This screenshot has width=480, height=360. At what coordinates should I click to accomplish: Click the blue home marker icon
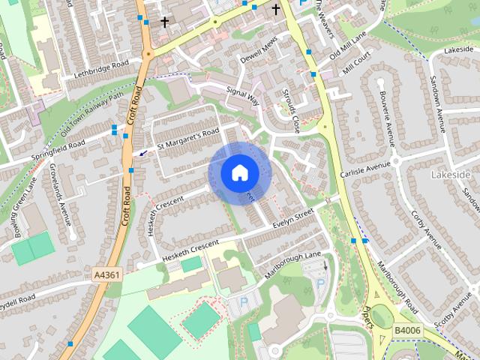click(239, 172)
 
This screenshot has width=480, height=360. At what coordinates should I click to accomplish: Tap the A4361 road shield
click(107, 275)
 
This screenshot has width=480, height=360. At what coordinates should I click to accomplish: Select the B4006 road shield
click(406, 328)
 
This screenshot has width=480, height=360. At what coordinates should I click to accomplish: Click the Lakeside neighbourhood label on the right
click(451, 175)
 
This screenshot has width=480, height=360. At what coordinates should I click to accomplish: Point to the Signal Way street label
click(241, 94)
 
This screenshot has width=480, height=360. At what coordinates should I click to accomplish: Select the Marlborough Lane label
click(292, 263)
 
